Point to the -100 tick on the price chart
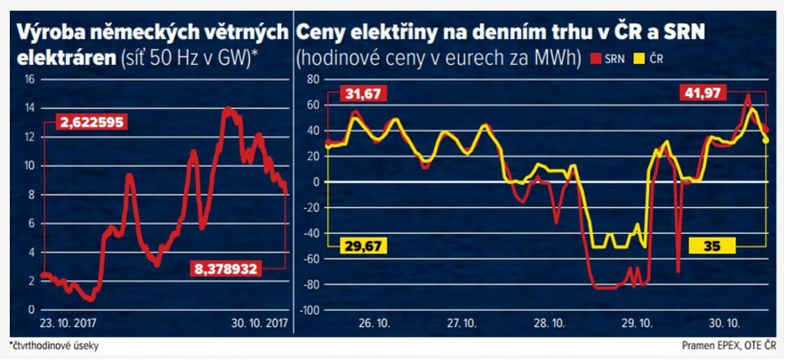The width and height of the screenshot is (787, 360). tap(307, 311)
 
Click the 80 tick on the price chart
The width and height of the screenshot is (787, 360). tap(312, 79)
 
